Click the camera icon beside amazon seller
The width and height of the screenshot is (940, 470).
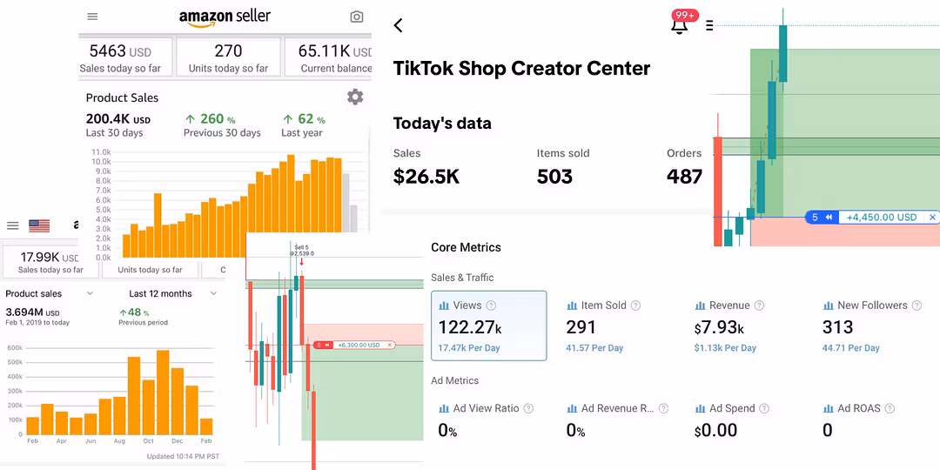tap(356, 17)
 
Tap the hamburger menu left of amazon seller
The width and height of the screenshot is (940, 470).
tap(93, 17)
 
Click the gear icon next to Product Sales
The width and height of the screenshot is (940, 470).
tap(355, 97)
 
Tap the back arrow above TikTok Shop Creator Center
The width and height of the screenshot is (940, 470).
tap(399, 25)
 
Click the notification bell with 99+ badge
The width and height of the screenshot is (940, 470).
tap(680, 24)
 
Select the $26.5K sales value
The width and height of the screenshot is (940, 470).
tap(426, 177)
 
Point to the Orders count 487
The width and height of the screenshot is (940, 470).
tap(684, 177)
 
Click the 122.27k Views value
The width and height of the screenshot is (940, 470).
tap(470, 327)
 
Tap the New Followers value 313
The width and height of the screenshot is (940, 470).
tap(837, 327)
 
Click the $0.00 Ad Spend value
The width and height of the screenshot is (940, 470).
tap(715, 430)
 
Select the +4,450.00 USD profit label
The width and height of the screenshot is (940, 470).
tap(881, 218)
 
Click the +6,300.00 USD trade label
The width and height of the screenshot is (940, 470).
tap(358, 345)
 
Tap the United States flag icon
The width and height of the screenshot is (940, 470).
tap(39, 225)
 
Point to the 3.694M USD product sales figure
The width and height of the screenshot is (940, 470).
tap(32, 312)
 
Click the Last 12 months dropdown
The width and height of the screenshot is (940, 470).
tap(164, 294)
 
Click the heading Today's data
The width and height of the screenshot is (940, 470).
tap(442, 124)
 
